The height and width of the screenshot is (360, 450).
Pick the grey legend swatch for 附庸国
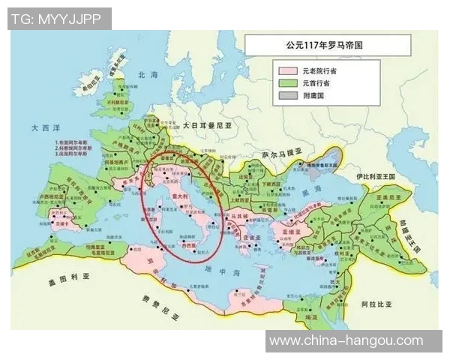[x=286, y=96]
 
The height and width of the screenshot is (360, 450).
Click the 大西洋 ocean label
[x=34, y=128]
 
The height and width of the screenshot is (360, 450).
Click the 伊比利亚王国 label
[x=379, y=178]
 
